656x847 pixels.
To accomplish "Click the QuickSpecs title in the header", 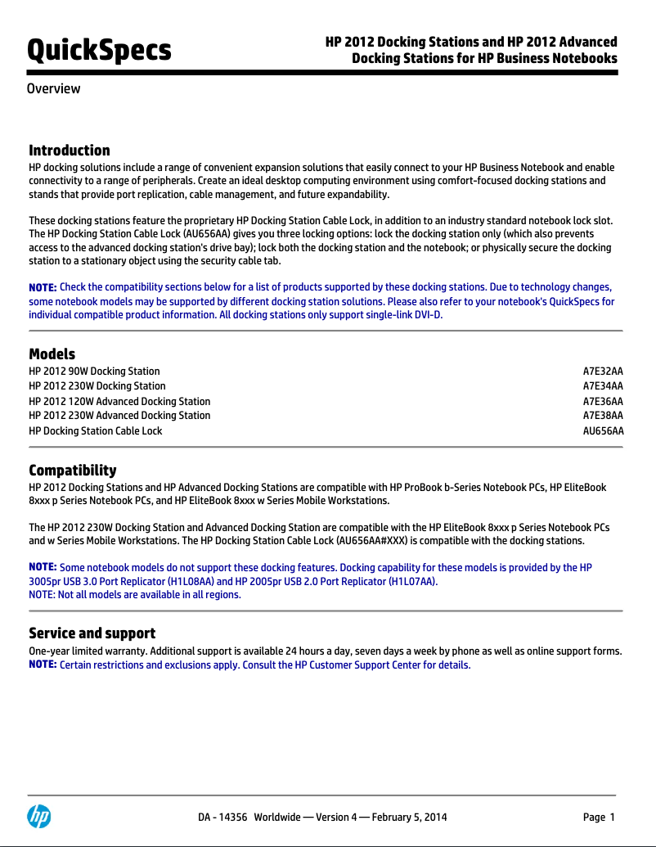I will (99, 51).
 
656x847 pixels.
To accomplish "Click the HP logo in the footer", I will (38, 816).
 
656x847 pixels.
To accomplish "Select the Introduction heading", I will (70, 151).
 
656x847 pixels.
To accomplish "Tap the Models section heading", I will (52, 354).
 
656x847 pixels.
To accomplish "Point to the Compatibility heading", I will (73, 471).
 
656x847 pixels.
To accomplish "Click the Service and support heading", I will (92, 633).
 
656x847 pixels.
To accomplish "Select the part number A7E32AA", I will (603, 372).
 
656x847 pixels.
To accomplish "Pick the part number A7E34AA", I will (603, 386).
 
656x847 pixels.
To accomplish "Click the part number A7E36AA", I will (603, 402).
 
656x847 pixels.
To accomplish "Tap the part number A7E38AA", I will (603, 416).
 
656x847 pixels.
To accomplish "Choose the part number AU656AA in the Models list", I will (603, 431).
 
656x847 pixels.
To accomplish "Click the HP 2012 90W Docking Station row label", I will (94, 372).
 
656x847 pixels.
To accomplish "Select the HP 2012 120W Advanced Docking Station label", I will (119, 402).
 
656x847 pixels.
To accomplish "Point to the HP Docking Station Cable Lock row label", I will (96, 431).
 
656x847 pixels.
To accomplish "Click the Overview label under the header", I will (54, 88).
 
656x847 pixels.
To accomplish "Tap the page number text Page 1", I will (598, 817).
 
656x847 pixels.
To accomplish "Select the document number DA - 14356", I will (223, 817).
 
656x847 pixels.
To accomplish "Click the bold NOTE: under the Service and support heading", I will (43, 665).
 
